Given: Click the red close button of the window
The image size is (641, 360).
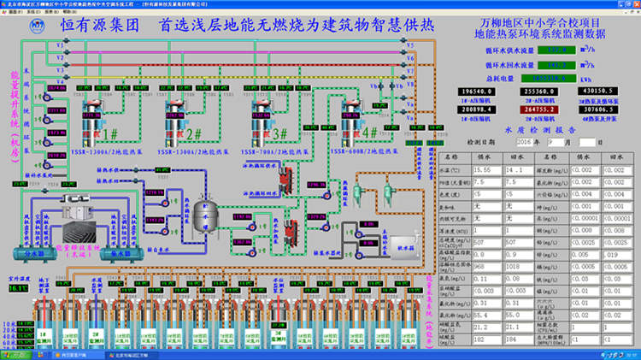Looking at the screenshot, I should (x=633, y=3).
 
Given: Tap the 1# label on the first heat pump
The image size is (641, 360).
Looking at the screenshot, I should (x=112, y=134).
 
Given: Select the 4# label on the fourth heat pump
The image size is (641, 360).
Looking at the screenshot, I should (x=370, y=134).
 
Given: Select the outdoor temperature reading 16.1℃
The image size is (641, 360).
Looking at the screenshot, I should (x=18, y=288).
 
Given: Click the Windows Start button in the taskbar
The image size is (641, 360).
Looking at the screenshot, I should (x=12, y=354).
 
